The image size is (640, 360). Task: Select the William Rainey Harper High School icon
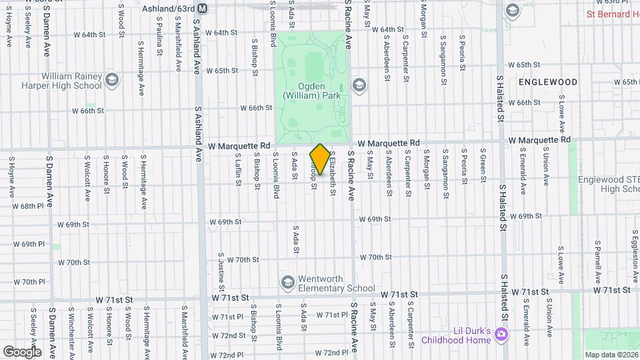[111, 80]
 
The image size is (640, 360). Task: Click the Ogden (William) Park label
[311, 91]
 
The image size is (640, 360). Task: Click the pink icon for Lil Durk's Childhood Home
[502, 334]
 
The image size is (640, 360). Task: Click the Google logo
[22, 351]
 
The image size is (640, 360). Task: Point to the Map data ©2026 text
[611, 355]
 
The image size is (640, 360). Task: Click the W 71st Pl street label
[228, 317]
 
